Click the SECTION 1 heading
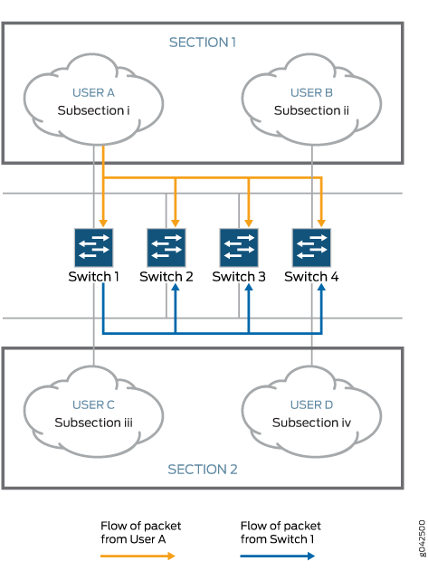point(203,43)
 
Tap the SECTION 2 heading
point(203,469)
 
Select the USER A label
point(93,92)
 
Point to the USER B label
point(311,92)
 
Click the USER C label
point(93,404)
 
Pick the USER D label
point(311,404)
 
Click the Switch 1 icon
point(93,247)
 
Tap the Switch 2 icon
point(166,247)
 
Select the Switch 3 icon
point(239,247)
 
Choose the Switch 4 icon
point(311,247)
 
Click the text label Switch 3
point(239,277)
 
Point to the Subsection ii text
point(311,110)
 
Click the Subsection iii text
point(93,423)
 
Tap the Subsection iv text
point(311,423)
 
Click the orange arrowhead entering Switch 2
point(176,223)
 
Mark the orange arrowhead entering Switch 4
point(321,223)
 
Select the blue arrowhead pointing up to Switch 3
point(249,288)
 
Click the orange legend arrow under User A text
point(138,556)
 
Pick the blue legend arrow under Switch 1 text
point(278,556)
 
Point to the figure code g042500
point(422,538)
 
